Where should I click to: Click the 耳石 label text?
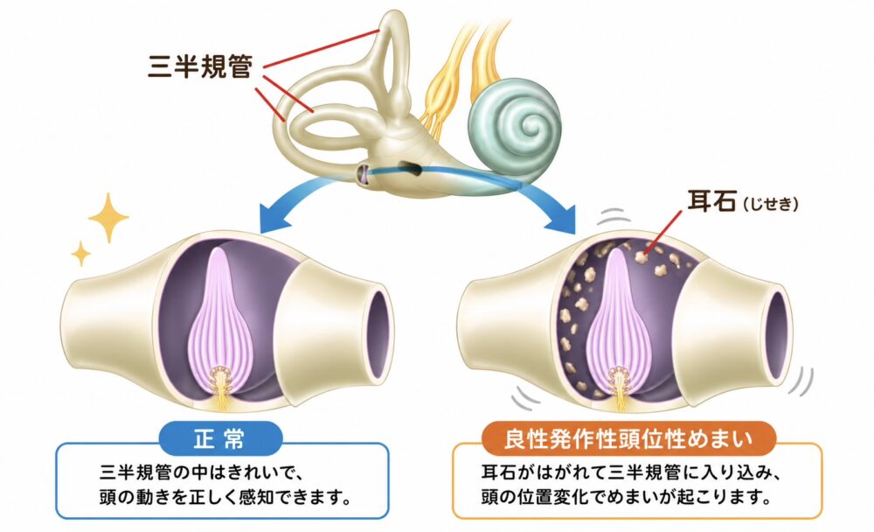[x=711, y=201]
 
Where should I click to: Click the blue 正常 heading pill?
[x=221, y=438]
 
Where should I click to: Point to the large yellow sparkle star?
[x=108, y=218]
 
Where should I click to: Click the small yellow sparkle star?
[x=80, y=254]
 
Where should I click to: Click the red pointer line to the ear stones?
[x=662, y=233]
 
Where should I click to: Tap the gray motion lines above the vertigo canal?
[x=614, y=217]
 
